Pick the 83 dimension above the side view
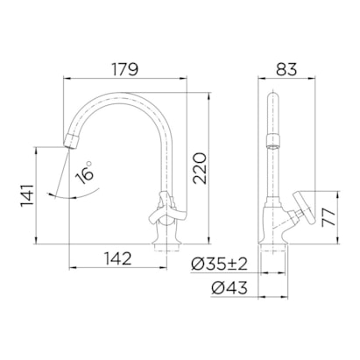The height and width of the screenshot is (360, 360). click(286, 65)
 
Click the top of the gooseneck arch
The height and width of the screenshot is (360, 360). click(130, 95)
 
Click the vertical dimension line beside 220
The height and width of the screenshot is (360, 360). click(215, 166)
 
